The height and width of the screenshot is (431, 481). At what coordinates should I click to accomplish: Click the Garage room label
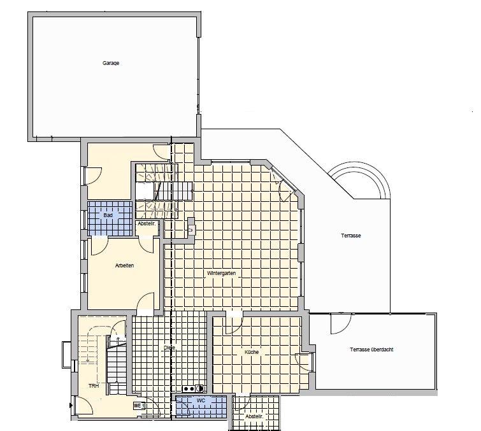point(111,63)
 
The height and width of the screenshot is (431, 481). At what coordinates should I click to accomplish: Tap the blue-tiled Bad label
point(108,215)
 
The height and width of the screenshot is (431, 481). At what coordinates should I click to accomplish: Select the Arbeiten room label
point(124,265)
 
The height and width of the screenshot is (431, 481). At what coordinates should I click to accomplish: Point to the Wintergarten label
point(222,273)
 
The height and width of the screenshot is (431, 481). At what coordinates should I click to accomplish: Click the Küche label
point(252,351)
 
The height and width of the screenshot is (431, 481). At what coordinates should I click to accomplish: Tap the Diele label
point(169,348)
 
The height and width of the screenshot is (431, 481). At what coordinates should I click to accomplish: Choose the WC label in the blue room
point(201,401)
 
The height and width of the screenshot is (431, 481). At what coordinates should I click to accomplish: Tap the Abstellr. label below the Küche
point(254,417)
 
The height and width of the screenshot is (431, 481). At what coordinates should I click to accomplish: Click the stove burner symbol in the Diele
point(192,388)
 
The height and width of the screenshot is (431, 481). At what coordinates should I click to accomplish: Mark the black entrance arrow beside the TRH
point(69,404)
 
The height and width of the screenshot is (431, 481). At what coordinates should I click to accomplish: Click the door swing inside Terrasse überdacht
point(338,323)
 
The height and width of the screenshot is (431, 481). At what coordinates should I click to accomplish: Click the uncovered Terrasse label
point(351,236)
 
